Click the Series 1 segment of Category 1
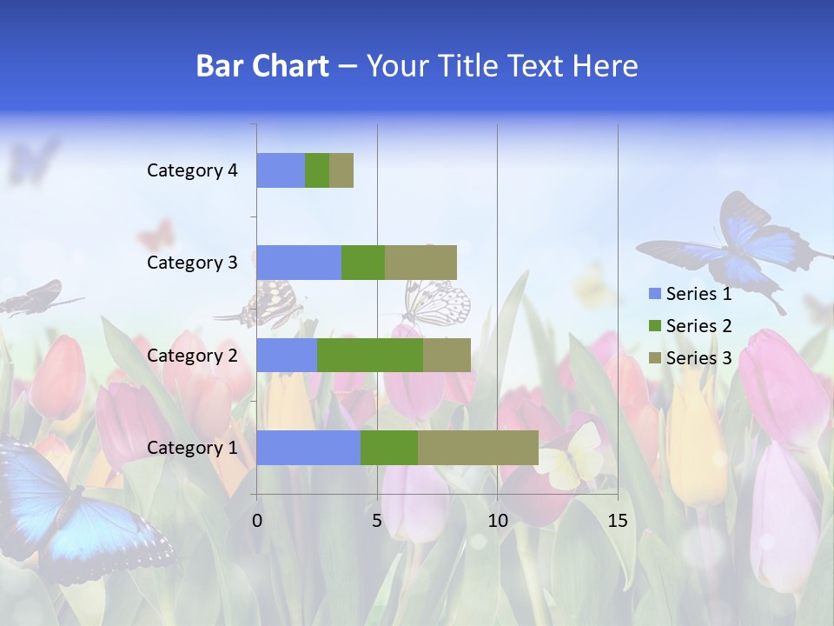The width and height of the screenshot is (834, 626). point(308,447)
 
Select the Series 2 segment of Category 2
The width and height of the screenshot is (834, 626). point(370,355)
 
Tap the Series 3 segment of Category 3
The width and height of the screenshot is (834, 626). point(420,263)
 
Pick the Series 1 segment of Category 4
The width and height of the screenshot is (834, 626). point(281,170)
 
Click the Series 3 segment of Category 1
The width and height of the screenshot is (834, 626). point(478,447)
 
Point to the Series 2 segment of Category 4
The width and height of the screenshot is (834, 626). point(317,170)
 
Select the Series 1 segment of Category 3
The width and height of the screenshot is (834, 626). point(299,263)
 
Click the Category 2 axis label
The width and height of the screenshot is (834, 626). point(192,355)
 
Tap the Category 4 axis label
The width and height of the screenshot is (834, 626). point(192,170)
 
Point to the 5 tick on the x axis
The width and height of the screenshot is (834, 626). point(377,521)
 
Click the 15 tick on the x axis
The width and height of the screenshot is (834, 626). point(617,521)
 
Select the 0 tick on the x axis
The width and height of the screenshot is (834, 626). point(257,521)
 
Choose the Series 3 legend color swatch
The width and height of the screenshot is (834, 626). point(654,358)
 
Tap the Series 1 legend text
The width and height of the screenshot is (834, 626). point(698,294)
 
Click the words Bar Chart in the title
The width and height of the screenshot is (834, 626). point(262,66)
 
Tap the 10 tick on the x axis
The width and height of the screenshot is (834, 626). point(497,521)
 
